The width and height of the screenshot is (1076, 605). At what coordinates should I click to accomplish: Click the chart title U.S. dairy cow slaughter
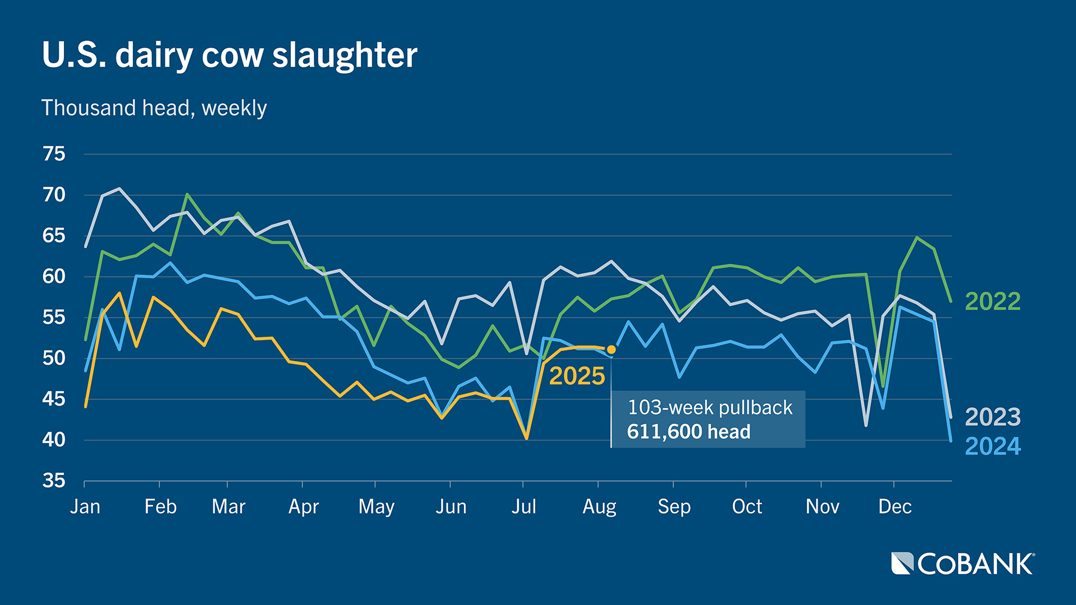[230, 55]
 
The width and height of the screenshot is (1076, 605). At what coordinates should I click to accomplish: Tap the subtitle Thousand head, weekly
[154, 108]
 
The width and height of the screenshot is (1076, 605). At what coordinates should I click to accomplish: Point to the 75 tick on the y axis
[54, 154]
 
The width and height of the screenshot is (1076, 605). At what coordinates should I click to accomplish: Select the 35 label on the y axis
[54, 481]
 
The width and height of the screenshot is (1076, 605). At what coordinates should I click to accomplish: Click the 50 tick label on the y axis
[54, 358]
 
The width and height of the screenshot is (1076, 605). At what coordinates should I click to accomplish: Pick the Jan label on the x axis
[85, 506]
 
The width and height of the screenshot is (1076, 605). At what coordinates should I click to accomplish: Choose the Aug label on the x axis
[599, 506]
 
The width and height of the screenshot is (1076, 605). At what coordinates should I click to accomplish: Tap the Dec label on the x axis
[895, 506]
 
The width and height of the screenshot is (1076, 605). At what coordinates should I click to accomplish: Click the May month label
[376, 506]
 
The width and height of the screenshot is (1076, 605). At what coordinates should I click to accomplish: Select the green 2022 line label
[992, 302]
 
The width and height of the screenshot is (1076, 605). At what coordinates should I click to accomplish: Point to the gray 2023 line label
[992, 417]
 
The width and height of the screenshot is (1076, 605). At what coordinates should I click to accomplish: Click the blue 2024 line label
[992, 446]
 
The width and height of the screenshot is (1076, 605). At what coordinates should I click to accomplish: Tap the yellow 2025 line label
[577, 376]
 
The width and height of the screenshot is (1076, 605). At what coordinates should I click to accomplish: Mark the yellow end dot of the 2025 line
[611, 350]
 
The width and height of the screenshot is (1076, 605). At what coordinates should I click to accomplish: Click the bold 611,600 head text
[688, 432]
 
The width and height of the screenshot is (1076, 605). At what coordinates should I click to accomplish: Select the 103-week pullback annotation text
[710, 407]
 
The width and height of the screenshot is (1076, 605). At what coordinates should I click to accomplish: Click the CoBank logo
[963, 564]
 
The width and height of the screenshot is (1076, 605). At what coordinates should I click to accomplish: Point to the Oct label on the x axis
[747, 506]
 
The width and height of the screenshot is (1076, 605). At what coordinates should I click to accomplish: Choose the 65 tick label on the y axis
[54, 236]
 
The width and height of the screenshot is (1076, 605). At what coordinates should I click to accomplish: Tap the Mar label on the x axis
[228, 506]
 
